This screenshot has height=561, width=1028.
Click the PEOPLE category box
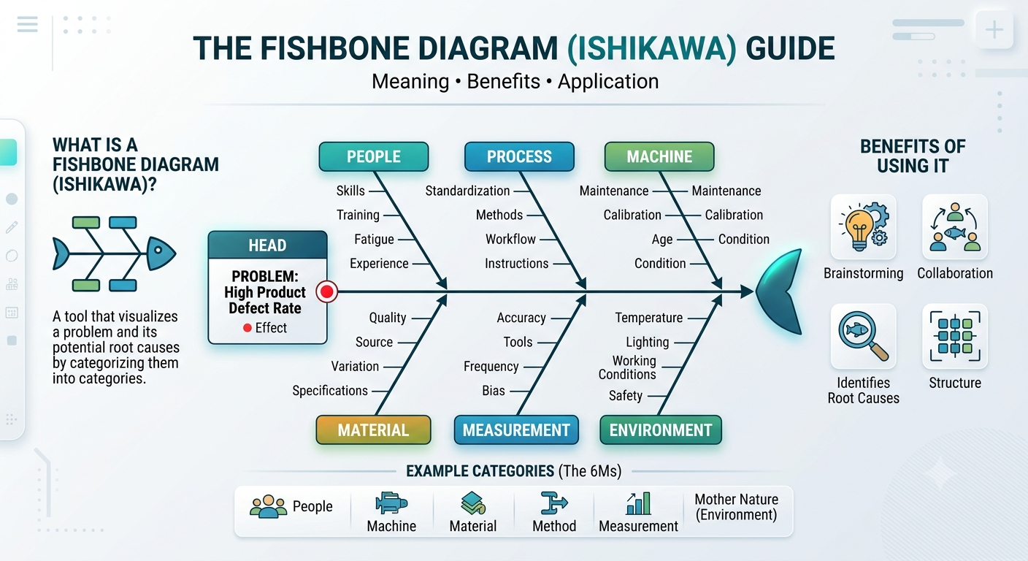click(374, 156)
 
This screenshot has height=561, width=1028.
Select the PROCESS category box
click(519, 156)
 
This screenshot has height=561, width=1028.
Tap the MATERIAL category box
click(373, 430)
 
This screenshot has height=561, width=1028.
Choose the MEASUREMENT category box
click(516, 430)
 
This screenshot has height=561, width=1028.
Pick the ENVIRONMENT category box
click(661, 430)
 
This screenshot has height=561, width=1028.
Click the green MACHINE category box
click(659, 156)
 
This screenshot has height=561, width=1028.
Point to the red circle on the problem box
click(327, 291)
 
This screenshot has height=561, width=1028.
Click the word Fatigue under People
click(374, 239)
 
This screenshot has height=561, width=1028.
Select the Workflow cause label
click(510, 239)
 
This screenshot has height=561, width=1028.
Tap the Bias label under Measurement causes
click(494, 391)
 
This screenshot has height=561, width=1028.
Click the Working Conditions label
click(627, 367)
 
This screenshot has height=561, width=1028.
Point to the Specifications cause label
click(330, 391)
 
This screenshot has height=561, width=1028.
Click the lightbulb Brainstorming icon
click(863, 226)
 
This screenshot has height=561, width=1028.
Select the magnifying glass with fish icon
click(863, 336)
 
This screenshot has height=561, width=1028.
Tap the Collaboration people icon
click(954, 226)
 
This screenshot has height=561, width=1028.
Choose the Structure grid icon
click(955, 336)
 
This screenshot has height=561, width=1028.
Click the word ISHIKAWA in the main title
click(652, 48)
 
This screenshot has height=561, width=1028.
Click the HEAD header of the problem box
click(267, 245)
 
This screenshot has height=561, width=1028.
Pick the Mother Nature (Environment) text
click(736, 507)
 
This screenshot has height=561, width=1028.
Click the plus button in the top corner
click(994, 30)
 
